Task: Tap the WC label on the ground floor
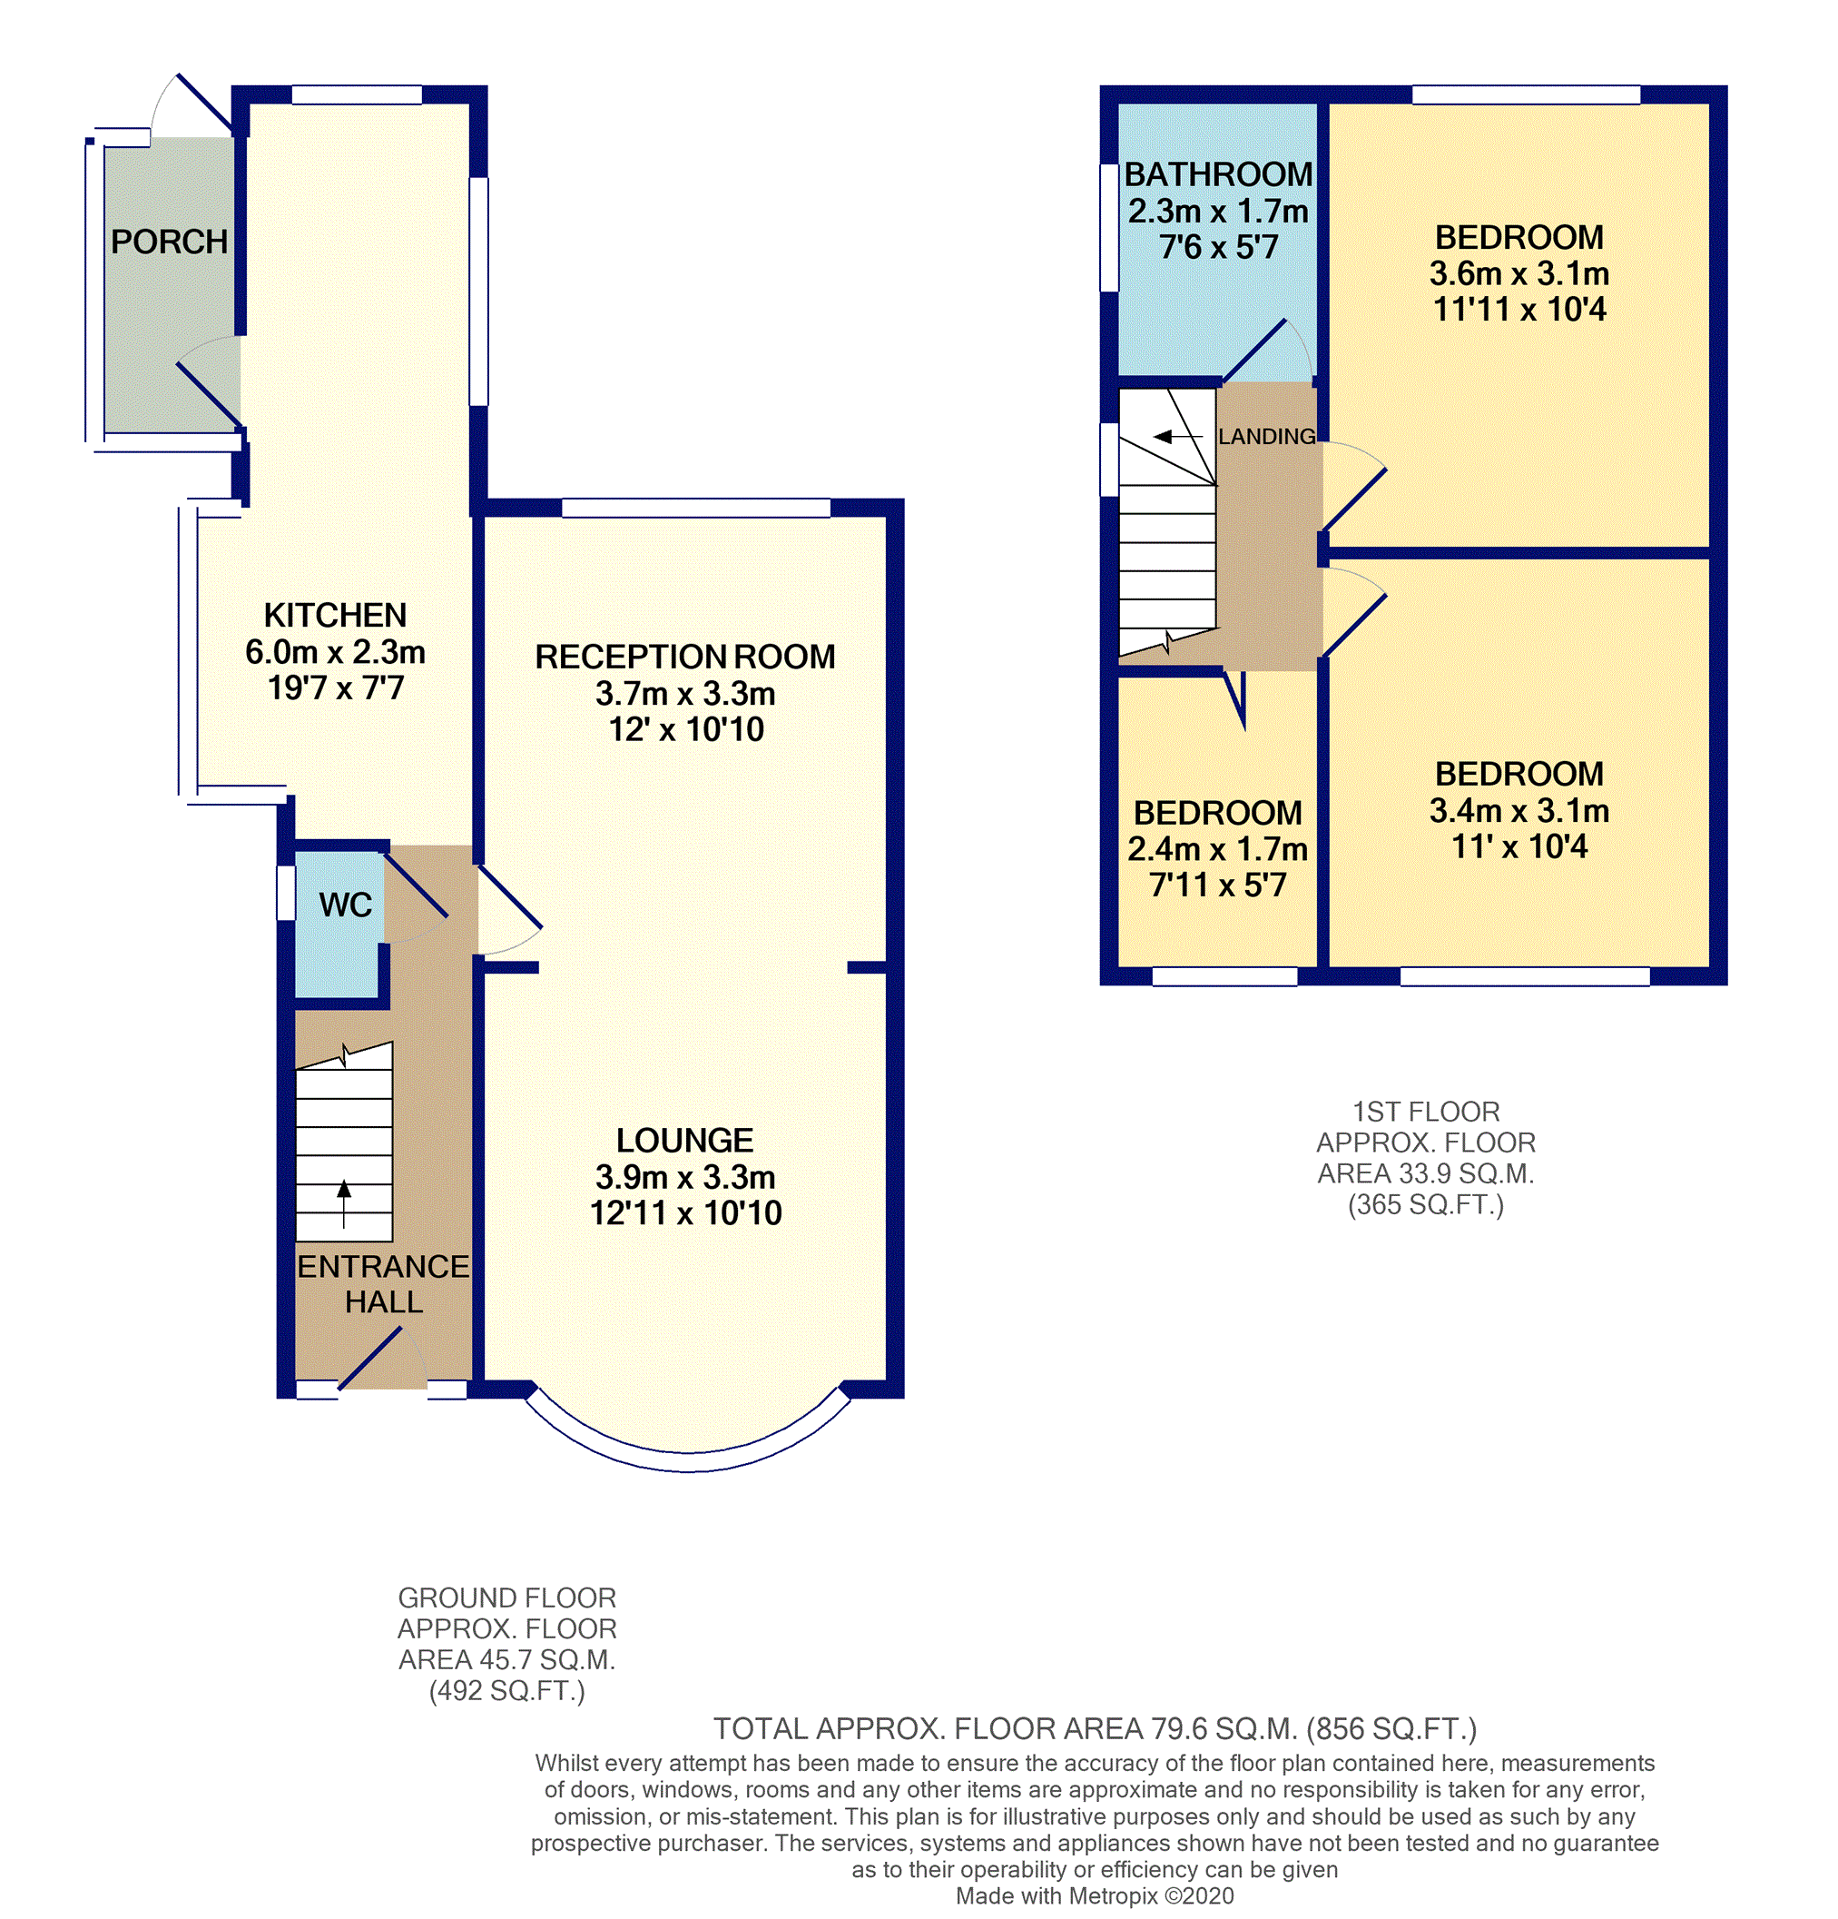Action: pos(345,905)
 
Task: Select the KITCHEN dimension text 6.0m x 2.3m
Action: pos(335,651)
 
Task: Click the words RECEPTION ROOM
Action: pos(684,657)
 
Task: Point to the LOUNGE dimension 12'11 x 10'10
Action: pos(684,1213)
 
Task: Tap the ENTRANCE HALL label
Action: pos(383,1283)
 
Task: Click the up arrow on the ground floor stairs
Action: pos(343,1203)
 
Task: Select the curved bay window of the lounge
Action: pos(687,1459)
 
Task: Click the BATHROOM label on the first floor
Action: pos(1217,174)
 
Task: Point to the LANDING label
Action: pos(1266,437)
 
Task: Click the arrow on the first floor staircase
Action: pos(1175,437)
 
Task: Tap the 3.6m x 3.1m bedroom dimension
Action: pos(1518,273)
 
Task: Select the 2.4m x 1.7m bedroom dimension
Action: pos(1216,849)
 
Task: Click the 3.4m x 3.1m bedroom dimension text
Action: pos(1518,811)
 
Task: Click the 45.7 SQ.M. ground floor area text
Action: pos(506,1659)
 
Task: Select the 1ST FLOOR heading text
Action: pos(1425,1112)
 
